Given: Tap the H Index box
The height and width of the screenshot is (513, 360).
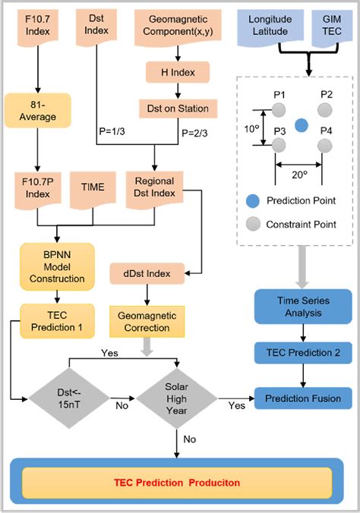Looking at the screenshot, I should tap(178, 73).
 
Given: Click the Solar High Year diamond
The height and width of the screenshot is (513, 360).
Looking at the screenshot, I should tap(177, 398).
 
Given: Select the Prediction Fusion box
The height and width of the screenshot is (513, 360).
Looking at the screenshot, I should tap(303, 398).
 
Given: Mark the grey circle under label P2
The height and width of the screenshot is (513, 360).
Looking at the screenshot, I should tap(326, 110).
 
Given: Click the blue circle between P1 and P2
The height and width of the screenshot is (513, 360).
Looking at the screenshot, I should tap(302, 124).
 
